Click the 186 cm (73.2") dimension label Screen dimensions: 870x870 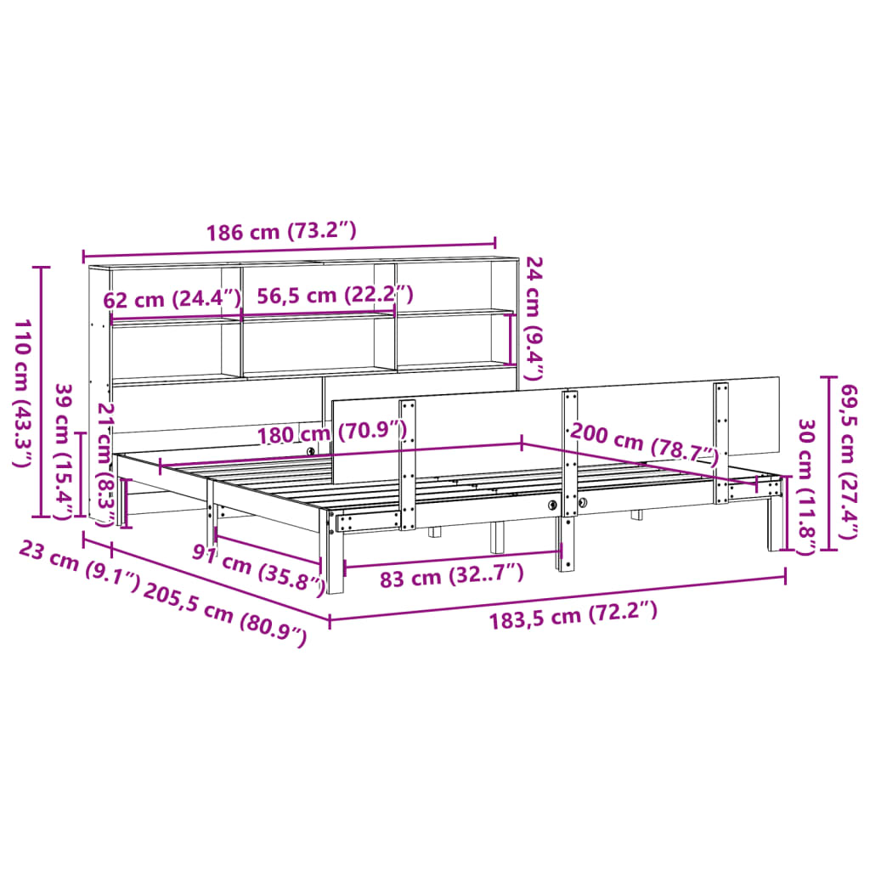tap(281, 232)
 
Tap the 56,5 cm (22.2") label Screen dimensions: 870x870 tap(336, 295)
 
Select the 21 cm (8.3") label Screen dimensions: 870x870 tap(105, 454)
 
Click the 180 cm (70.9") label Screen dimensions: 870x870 tap(333, 432)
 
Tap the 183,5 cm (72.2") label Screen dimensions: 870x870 tap(573, 613)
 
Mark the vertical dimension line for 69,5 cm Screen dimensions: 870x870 tap(829, 462)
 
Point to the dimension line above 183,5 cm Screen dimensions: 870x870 tap(557, 598)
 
